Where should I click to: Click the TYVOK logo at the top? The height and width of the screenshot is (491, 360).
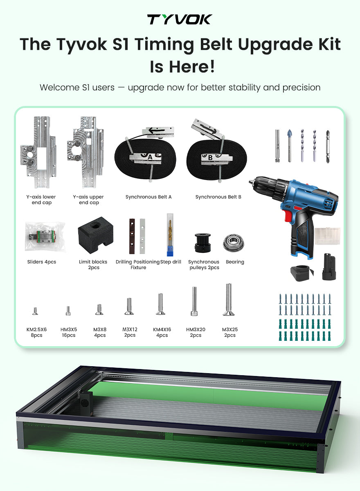[180, 19]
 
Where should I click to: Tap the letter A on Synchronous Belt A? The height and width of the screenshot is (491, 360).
[150, 157]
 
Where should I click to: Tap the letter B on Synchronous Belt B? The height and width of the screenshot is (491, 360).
[210, 158]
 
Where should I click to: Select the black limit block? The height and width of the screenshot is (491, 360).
[96, 235]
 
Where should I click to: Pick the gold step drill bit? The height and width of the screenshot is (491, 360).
[170, 235]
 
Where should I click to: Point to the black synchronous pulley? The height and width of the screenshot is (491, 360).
[202, 243]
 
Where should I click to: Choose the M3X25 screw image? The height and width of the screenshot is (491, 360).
[229, 300]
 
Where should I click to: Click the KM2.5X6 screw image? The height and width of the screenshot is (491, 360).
[35, 311]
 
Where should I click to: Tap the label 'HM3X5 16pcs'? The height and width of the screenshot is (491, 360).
[69, 332]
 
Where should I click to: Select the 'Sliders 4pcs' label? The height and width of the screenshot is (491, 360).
[42, 262]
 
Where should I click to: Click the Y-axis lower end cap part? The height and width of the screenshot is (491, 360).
[38, 152]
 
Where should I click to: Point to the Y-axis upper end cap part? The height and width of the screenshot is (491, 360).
[85, 152]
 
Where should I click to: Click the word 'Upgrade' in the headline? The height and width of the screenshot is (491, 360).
[275, 45]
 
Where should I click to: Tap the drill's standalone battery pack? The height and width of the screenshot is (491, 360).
[328, 267]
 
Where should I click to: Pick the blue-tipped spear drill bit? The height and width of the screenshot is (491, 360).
[290, 146]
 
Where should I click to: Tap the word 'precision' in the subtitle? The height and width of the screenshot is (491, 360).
[301, 88]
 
